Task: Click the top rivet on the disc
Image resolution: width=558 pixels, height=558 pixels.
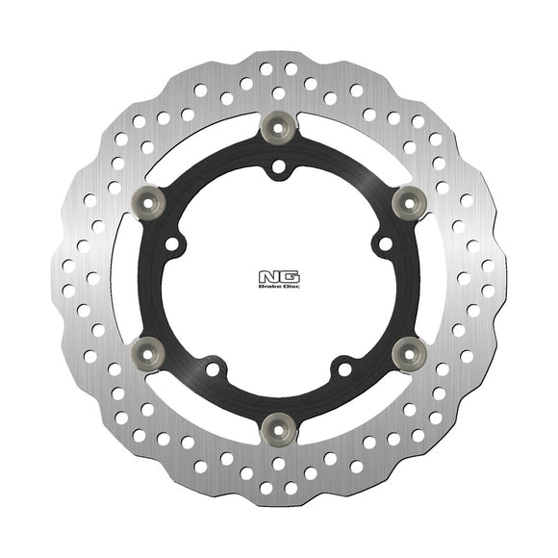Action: tap(278, 122)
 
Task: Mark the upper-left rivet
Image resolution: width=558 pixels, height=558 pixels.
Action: tap(149, 198)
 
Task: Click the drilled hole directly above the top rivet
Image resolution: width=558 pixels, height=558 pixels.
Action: tap(278, 92)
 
